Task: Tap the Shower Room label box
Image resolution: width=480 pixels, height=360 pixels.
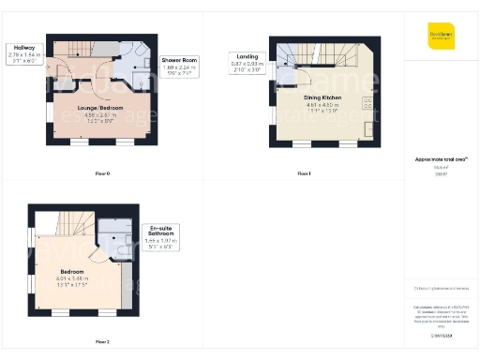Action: (177, 59)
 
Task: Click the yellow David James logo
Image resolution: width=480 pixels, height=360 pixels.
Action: (441, 35)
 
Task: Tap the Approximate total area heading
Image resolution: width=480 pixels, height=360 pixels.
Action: (440, 161)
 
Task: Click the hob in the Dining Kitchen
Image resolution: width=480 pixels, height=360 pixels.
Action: (368, 102)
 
